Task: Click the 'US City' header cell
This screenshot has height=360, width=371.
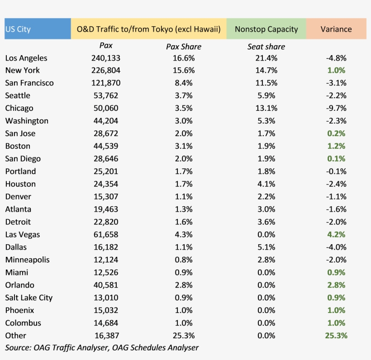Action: (x=18, y=29)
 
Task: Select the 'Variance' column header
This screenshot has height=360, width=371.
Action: (x=336, y=29)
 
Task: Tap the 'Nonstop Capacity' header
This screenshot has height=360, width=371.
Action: (x=266, y=29)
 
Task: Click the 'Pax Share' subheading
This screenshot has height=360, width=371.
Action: (x=183, y=47)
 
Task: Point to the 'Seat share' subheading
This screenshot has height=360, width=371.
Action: (x=266, y=47)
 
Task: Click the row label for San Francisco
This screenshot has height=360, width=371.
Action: (x=29, y=83)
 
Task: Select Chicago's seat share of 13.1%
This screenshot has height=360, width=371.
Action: (x=266, y=108)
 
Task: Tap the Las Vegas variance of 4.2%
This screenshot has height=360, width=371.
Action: (x=336, y=234)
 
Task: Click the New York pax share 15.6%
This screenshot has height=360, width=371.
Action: (x=183, y=70)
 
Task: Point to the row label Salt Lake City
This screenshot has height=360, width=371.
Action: (x=29, y=298)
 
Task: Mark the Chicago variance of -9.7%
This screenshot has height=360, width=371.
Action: (x=336, y=108)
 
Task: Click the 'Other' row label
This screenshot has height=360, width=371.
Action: (x=16, y=336)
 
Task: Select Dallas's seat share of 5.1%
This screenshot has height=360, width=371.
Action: (x=266, y=247)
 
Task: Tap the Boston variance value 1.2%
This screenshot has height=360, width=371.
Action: (x=336, y=146)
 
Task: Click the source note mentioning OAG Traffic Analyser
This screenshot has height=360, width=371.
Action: (x=102, y=347)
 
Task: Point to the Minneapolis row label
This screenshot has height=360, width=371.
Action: (x=28, y=260)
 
